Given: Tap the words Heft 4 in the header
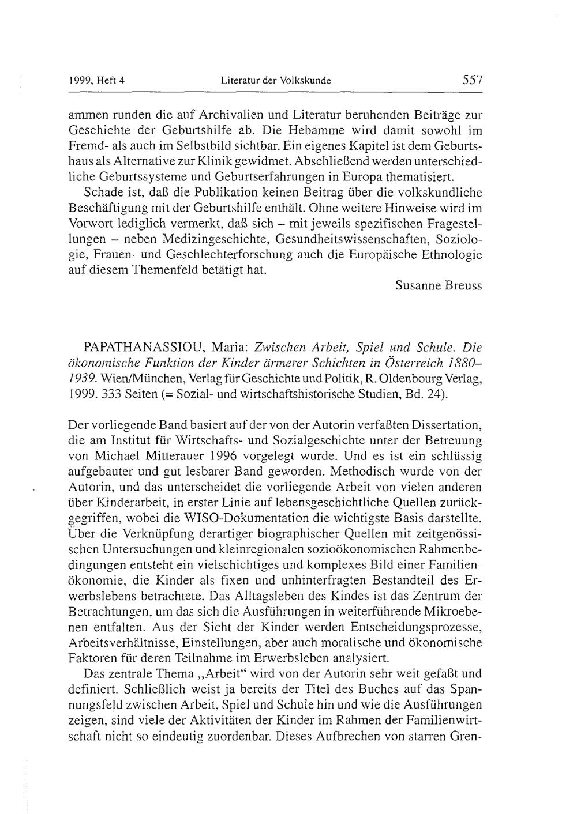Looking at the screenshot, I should (113, 81).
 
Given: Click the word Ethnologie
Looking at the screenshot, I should (451, 254).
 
